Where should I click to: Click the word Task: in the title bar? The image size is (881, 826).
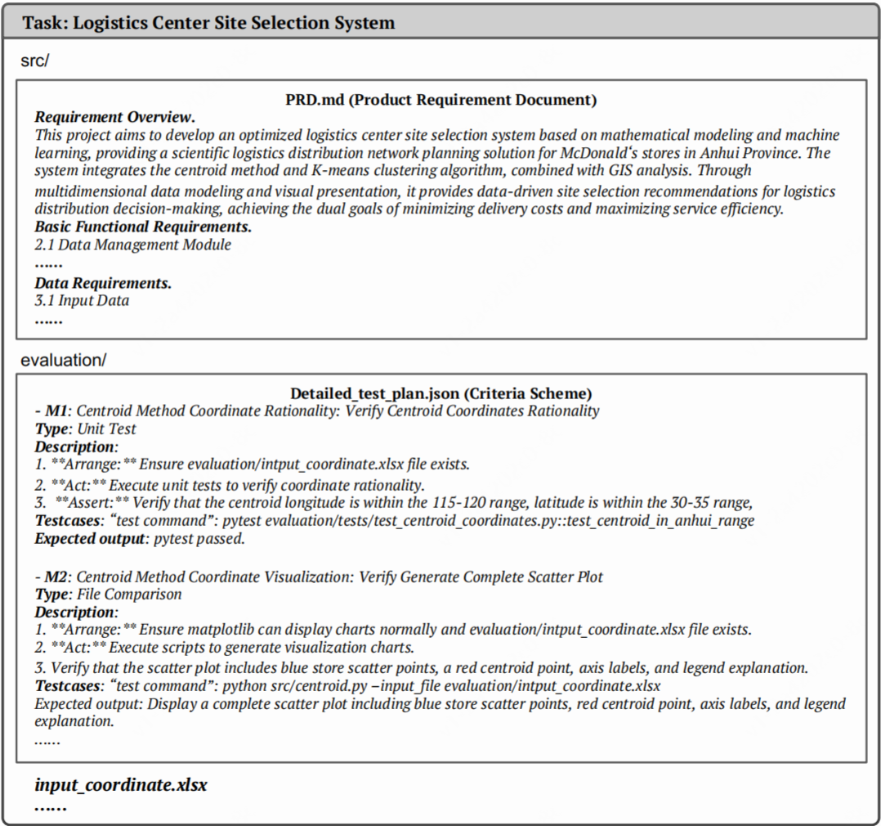click(45, 23)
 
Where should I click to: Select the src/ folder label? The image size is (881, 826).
click(35, 61)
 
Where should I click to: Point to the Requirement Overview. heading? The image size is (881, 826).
click(114, 117)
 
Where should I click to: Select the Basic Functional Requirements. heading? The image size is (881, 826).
click(142, 227)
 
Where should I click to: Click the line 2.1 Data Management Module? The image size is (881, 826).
click(132, 245)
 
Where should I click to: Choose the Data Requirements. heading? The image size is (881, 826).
click(103, 283)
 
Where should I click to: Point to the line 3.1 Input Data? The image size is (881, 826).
click(82, 301)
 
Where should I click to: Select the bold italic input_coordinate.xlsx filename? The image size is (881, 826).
click(120, 785)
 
